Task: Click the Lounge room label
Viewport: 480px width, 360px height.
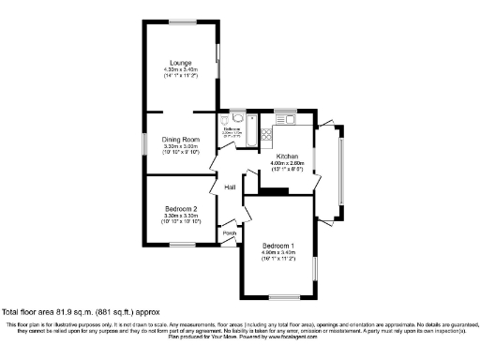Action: pos(180,62)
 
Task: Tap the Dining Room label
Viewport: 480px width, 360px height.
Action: pos(180,139)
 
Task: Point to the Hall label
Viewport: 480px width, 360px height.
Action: pos(229,187)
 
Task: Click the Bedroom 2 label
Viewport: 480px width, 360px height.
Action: pos(180,208)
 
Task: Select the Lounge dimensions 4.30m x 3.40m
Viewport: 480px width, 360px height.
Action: pos(180,69)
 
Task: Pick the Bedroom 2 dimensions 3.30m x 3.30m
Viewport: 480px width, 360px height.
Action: pos(180,216)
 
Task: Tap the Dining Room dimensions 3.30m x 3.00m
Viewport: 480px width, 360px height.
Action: pos(180,146)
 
